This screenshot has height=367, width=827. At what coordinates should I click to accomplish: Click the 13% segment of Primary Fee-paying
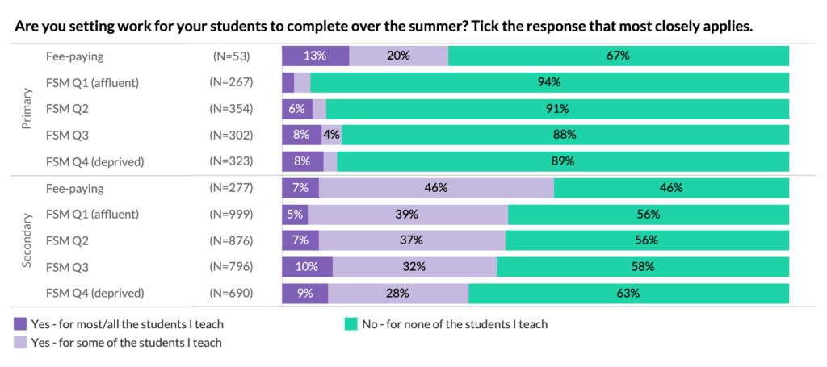pyautogui.click(x=315, y=56)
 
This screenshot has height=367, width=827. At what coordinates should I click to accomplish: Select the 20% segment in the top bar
pyautogui.click(x=398, y=56)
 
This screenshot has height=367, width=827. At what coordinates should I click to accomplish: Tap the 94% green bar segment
pyautogui.click(x=549, y=82)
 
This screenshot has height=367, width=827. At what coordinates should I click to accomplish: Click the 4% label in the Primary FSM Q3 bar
pyautogui.click(x=332, y=135)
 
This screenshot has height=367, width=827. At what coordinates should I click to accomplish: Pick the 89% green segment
pyautogui.click(x=563, y=161)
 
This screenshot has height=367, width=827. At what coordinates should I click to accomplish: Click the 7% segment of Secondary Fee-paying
pyautogui.click(x=300, y=188)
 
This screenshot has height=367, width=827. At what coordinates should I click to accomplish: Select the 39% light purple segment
pyautogui.click(x=407, y=215)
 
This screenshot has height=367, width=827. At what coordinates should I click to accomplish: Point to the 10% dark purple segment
pyautogui.click(x=307, y=267)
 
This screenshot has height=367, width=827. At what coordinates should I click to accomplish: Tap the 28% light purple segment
pyautogui.click(x=397, y=294)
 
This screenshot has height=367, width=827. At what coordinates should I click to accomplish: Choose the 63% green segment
pyautogui.click(x=628, y=294)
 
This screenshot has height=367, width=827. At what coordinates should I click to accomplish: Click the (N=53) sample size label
pyautogui.click(x=231, y=56)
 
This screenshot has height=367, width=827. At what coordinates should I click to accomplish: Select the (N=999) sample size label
pyautogui.click(x=231, y=215)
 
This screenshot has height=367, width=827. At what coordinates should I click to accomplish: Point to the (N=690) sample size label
pyautogui.click(x=231, y=294)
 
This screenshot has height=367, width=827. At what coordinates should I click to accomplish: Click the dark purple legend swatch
pyautogui.click(x=21, y=324)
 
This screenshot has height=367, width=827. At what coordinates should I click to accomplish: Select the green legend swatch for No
pyautogui.click(x=351, y=324)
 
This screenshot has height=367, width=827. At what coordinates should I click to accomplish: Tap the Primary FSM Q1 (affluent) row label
pyautogui.click(x=93, y=82)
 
